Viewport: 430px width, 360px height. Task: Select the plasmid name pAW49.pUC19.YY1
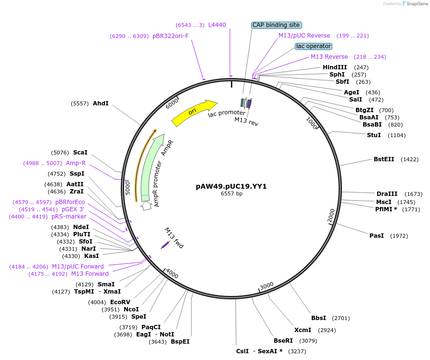231,186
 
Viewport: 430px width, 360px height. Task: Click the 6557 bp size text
231,193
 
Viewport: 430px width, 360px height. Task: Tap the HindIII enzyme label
335,67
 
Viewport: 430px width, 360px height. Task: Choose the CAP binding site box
276,25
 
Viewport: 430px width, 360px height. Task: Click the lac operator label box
314,46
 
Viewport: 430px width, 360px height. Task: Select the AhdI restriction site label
101,103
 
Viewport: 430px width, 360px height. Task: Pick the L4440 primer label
217,25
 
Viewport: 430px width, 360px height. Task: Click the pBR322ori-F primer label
171,36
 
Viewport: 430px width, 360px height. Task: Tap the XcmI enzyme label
303,330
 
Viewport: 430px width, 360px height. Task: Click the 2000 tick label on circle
331,216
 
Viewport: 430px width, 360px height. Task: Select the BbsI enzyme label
318,318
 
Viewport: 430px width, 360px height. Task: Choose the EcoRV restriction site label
120,302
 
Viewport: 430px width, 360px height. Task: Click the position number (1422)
409,159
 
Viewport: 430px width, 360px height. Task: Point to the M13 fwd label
174,238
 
